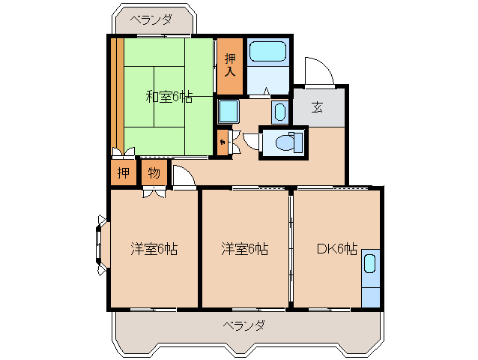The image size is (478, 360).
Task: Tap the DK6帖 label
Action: (x=336, y=248)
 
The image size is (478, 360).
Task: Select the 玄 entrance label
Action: (x=318, y=106)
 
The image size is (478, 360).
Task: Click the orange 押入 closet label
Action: (x=230, y=66)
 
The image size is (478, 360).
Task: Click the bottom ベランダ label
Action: (x=243, y=325)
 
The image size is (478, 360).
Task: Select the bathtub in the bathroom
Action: (x=267, y=52)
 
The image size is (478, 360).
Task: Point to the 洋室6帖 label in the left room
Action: (x=153, y=248)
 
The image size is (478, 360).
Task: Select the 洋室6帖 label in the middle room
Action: (x=244, y=248)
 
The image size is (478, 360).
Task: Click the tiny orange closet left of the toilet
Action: (x=222, y=141)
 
